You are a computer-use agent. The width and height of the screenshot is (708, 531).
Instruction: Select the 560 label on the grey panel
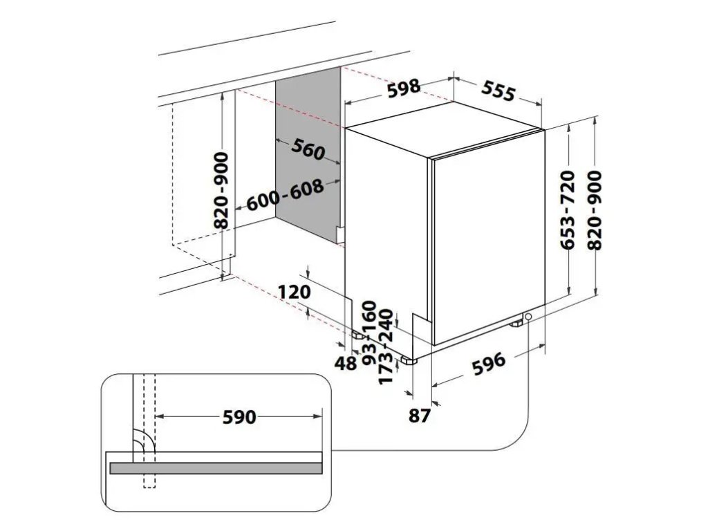[x=308, y=149]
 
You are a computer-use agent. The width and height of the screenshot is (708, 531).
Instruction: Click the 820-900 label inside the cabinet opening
[x=222, y=191]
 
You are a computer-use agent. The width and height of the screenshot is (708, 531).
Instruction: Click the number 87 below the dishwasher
[x=420, y=415]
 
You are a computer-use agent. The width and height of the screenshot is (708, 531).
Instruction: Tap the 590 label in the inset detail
[x=239, y=417]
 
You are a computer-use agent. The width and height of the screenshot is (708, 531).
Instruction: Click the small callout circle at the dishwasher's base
[x=529, y=317]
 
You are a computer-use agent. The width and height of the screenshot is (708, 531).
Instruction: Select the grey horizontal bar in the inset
[x=215, y=468]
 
